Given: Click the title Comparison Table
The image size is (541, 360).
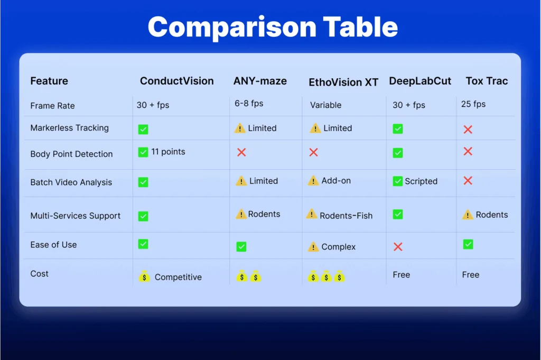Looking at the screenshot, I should pyautogui.click(x=273, y=27).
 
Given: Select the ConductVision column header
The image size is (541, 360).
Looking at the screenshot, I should pyautogui.click(x=176, y=81).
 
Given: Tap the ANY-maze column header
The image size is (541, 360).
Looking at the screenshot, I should pyautogui.click(x=260, y=81).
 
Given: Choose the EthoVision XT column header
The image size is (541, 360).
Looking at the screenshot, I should pyautogui.click(x=343, y=82).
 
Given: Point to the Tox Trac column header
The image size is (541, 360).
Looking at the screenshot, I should pyautogui.click(x=487, y=81).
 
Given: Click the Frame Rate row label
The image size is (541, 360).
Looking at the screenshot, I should pyautogui.click(x=52, y=106).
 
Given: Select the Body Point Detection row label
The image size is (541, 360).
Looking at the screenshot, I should pyautogui.click(x=71, y=154).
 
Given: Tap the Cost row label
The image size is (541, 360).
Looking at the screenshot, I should pyautogui.click(x=39, y=274).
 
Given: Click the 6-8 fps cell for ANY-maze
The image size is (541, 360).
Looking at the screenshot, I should pyautogui.click(x=249, y=104).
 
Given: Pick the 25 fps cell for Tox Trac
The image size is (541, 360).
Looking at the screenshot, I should pyautogui.click(x=473, y=104).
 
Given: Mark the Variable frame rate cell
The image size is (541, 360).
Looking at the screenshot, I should pyautogui.click(x=325, y=105).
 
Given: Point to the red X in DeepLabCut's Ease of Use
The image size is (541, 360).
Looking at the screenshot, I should pyautogui.click(x=398, y=247).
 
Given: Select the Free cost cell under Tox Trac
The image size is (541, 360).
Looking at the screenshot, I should pyautogui.click(x=470, y=274).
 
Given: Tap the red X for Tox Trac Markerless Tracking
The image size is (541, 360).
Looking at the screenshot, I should pyautogui.click(x=468, y=130).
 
